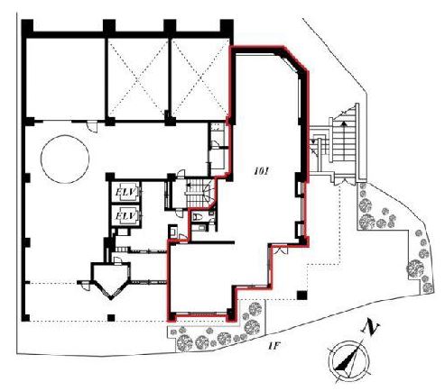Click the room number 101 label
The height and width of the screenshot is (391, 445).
pos(261,171)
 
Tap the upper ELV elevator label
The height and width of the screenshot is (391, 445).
pos(125,192)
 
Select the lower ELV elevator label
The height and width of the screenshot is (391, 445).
pos(125,216)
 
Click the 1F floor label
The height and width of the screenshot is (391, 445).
pos(274,346)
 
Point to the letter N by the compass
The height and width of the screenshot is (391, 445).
pos(371,328)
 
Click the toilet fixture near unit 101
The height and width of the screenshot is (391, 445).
pos(198,216)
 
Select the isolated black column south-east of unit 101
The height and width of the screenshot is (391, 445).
pos(301,296)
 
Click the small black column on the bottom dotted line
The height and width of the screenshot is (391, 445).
pos(111,318)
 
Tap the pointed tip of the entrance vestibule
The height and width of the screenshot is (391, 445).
pos(111,298)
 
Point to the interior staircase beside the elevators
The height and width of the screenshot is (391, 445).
pos(199,193)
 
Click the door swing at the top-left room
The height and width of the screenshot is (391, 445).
pos(92,127)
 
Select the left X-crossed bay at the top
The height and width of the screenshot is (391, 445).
pos(138,79)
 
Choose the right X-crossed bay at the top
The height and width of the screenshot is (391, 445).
pos(200,79)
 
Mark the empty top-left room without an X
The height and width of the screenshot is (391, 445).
pos(66,79)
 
